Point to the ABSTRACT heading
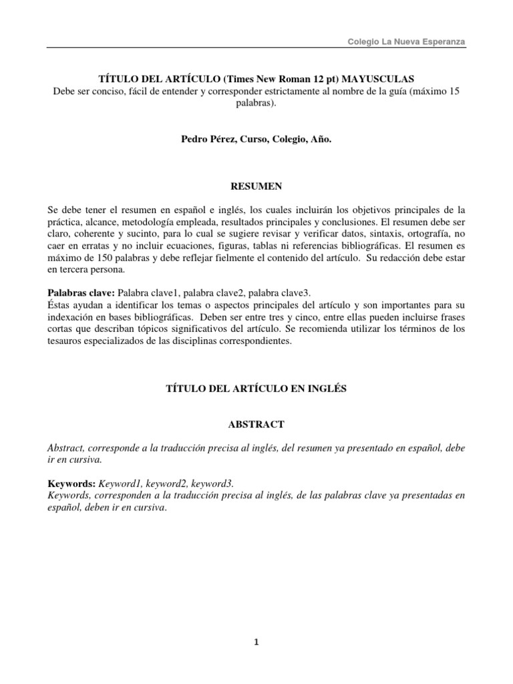pos(256,424)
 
